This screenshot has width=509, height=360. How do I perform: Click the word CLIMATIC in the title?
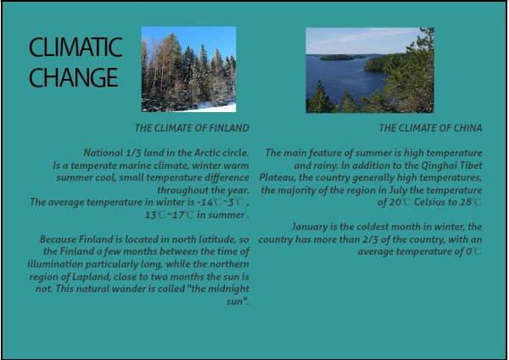click(76, 48)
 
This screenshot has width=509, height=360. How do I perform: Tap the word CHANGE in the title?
click(73, 77)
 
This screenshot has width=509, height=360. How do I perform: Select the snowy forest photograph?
click(188, 70)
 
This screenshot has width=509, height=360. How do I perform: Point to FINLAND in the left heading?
click(229, 128)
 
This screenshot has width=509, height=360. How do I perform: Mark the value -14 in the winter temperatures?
click(204, 202)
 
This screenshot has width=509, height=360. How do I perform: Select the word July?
click(398, 190)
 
